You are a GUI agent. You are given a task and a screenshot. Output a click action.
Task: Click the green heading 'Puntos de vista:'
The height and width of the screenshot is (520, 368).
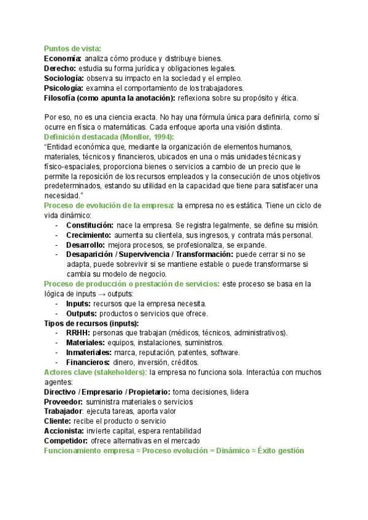72,48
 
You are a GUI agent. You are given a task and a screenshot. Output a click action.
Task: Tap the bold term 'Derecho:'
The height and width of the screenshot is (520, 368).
60,68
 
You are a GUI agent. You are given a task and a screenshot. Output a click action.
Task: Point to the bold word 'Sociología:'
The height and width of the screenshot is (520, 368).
64,78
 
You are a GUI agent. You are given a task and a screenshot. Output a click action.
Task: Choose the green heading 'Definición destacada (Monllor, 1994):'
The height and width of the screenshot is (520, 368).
109,137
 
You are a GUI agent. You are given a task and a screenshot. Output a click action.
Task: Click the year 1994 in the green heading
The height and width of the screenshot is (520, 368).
161,137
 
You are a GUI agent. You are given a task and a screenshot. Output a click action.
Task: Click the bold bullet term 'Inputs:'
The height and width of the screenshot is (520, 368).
78,304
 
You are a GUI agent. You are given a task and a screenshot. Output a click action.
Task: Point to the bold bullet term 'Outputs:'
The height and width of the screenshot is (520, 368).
81,313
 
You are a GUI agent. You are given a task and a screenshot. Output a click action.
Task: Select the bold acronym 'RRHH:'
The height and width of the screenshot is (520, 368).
78,332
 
